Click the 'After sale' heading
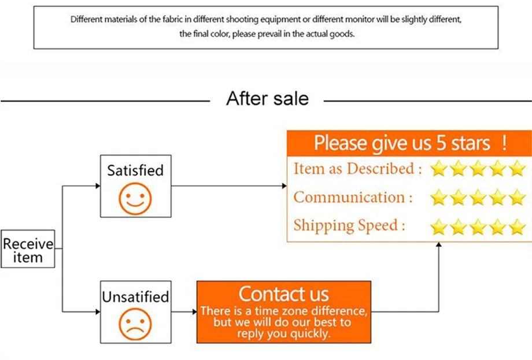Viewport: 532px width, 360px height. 267,99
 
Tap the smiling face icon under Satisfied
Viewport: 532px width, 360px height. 135,199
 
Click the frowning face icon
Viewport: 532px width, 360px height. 135,324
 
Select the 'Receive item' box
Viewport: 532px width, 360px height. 28,249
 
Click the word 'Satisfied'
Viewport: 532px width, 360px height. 135,170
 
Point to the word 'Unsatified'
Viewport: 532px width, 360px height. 135,296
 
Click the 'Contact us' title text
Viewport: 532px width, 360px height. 284,294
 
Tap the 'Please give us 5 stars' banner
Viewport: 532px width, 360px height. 409,143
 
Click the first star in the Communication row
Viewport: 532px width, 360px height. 438,197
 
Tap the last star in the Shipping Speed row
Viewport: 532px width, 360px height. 518,227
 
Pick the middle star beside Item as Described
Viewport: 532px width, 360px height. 478,168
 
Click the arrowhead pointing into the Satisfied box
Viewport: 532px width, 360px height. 98,185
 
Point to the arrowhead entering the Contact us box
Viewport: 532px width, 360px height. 195,312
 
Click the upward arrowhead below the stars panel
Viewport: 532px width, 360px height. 439,244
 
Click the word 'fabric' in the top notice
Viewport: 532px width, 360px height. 173,19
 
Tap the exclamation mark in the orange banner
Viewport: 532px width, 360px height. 504,143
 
